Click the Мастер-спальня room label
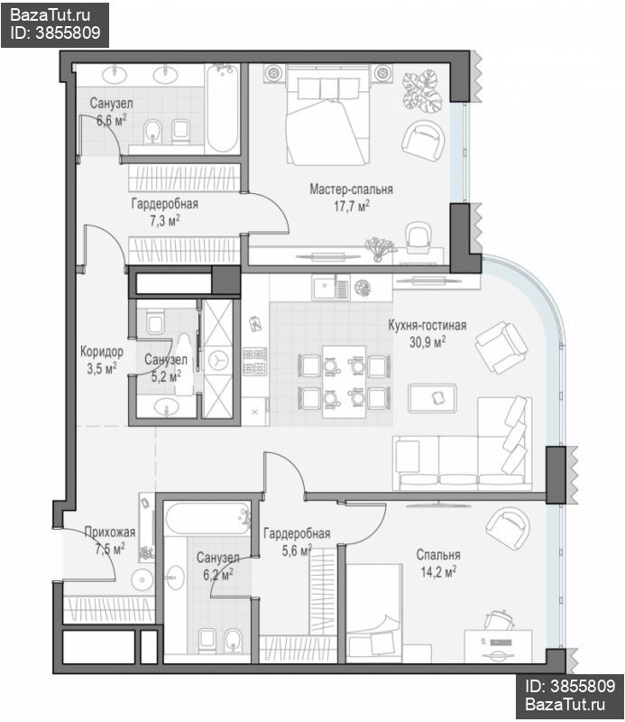351,190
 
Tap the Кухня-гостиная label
427,325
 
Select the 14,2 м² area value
438,572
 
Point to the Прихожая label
109,532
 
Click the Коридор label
102,352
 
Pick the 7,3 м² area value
165,220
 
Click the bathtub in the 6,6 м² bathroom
222,108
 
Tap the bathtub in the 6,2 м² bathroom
207,518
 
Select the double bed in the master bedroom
327,115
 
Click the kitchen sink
330,288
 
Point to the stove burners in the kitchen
254,362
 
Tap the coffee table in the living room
432,398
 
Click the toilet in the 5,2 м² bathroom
155,321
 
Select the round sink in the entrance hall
142,579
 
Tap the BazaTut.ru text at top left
50,15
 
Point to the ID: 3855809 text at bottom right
570,686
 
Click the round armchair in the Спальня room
507,528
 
